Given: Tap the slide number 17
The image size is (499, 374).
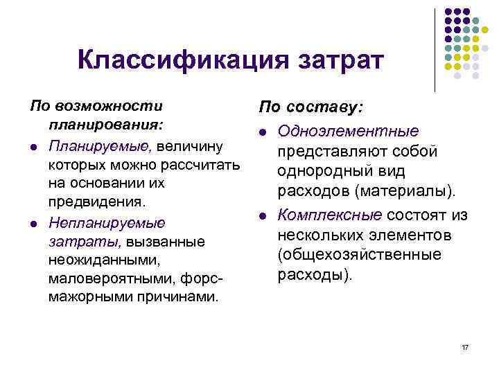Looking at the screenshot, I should [465, 346].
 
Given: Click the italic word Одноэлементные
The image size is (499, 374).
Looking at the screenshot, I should [348, 132].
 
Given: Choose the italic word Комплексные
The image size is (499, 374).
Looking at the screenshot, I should [330, 215].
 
